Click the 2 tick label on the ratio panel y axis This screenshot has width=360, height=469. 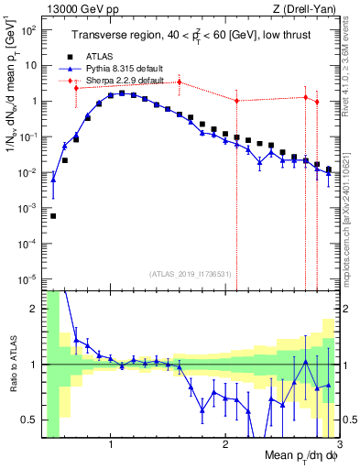tap(35, 309)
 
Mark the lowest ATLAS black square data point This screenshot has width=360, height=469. tap(53, 216)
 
